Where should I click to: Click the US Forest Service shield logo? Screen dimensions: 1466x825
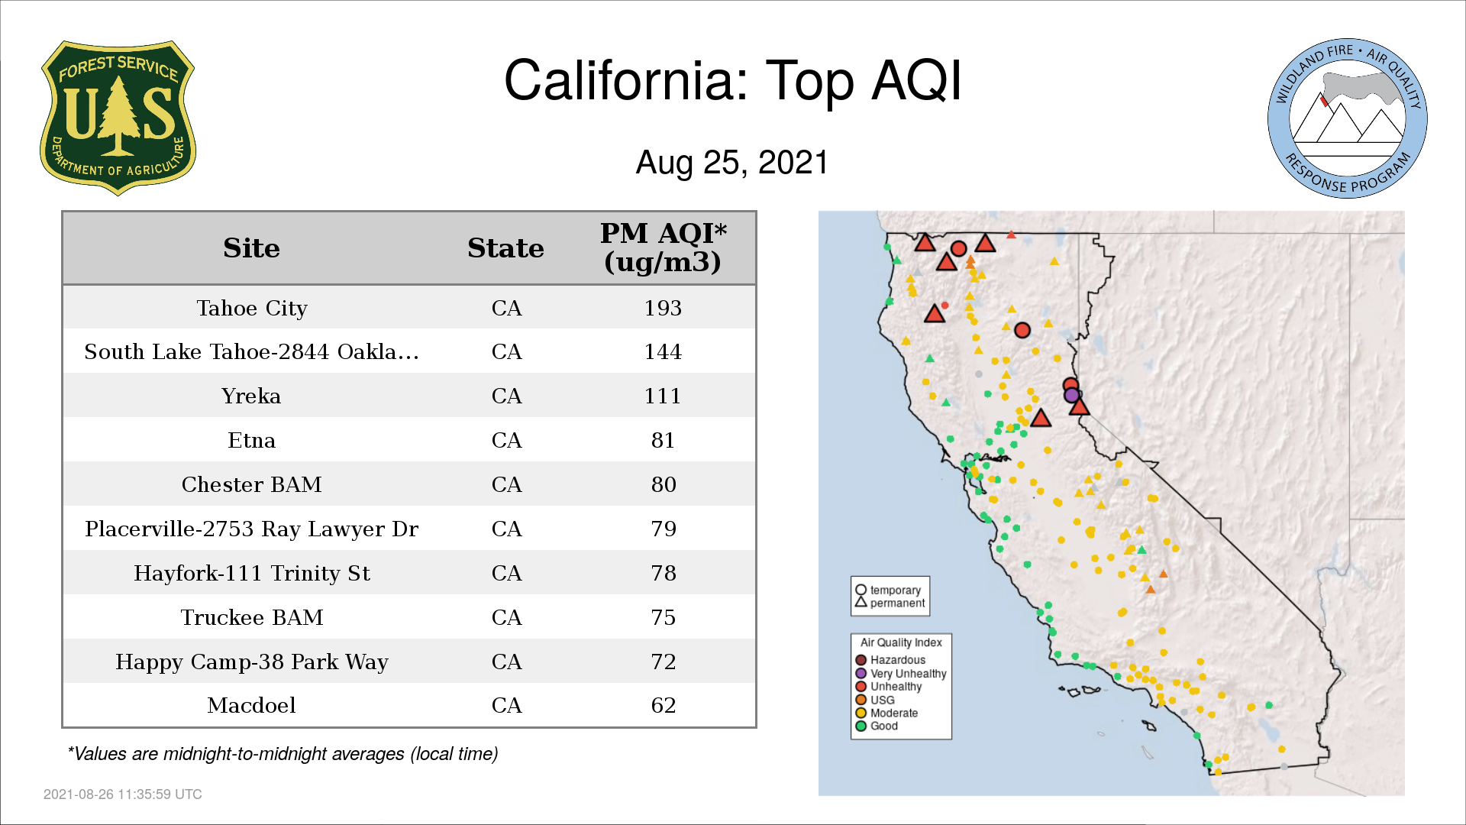pyautogui.click(x=118, y=118)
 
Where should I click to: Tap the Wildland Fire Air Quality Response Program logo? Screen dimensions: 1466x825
pyautogui.click(x=1347, y=118)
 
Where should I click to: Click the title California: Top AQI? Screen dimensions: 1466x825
pyautogui.click(x=733, y=80)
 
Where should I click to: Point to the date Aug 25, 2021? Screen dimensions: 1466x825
pyautogui.click(x=732, y=163)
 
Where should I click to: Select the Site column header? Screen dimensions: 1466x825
pyautogui.click(x=251, y=248)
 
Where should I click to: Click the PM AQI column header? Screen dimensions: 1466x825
pyautogui.click(x=663, y=247)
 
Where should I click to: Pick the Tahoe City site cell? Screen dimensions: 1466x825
pyautogui.click(x=252, y=308)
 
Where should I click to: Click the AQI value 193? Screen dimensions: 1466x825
pyautogui.click(x=663, y=308)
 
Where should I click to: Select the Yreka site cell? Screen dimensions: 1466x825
pyautogui.click(x=251, y=396)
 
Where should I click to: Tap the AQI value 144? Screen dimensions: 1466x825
pyautogui.click(x=663, y=352)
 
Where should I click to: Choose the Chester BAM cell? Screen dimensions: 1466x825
pyautogui.click(x=252, y=484)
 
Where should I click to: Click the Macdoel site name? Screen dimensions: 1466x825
pyautogui.click(x=251, y=705)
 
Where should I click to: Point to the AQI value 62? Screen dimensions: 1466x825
pyautogui.click(x=664, y=705)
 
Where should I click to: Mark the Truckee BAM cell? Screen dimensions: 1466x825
pyautogui.click(x=252, y=617)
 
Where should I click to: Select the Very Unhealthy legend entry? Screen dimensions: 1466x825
pyautogui.click(x=901, y=674)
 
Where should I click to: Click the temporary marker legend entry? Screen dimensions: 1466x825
pyautogui.click(x=888, y=590)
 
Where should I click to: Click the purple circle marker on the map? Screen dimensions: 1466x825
pyautogui.click(x=1071, y=395)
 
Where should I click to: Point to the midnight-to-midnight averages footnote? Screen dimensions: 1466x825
pyautogui.click(x=283, y=754)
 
